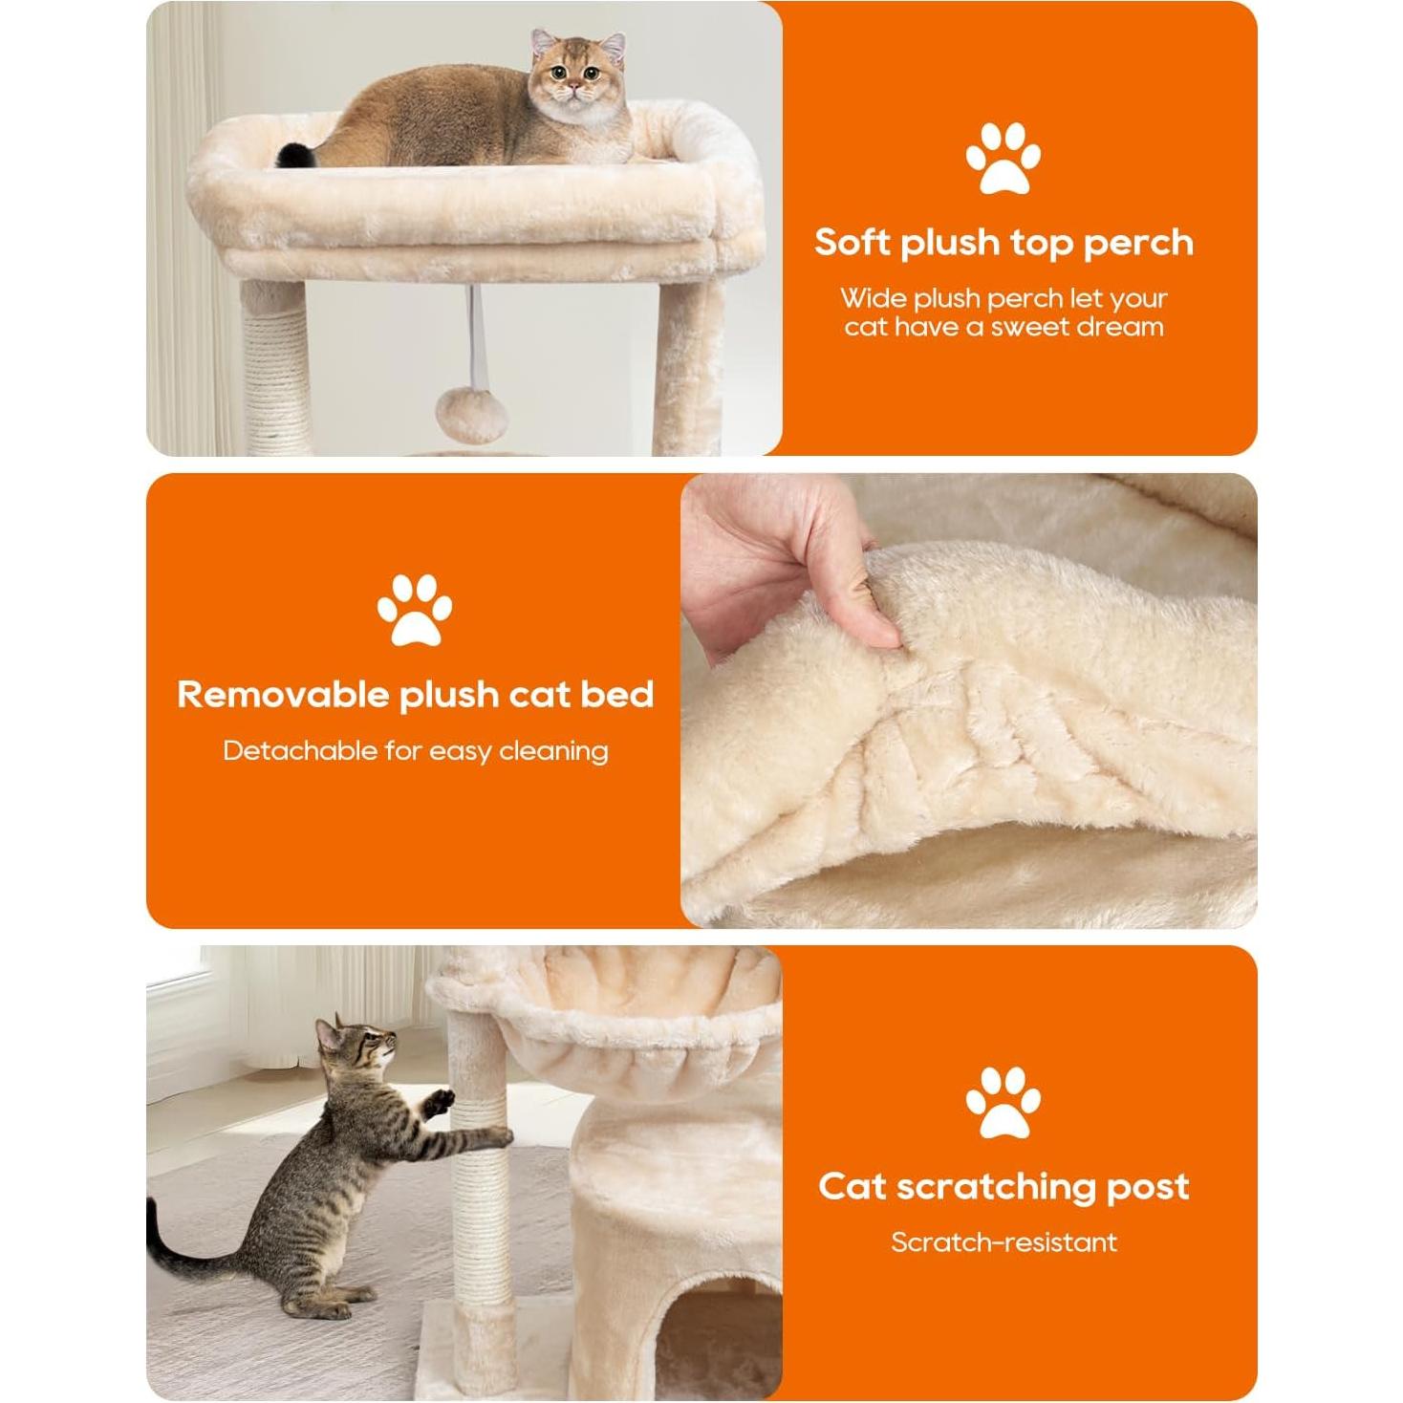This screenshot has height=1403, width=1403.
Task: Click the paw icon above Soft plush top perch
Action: [x=1003, y=158]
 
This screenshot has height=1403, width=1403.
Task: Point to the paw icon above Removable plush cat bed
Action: [x=414, y=610]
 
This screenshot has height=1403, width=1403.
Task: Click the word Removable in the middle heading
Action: [x=284, y=695]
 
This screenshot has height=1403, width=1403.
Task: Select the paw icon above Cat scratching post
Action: [x=1003, y=1102]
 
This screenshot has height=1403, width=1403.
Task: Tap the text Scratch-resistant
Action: [x=1004, y=1242]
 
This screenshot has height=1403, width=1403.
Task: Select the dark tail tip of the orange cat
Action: [x=290, y=154]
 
